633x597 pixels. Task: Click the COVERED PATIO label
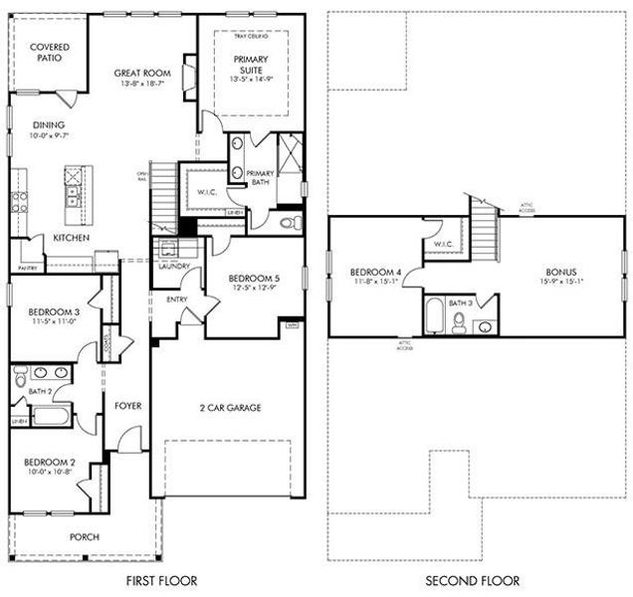[x=48, y=53]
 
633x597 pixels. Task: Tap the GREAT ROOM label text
[x=141, y=74]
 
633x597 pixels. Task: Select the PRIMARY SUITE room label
[x=251, y=65]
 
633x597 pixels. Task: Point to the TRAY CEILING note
[x=251, y=36]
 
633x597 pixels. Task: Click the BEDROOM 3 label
[x=48, y=312]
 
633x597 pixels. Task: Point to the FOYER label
[x=126, y=405]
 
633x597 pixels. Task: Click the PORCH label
[x=84, y=537]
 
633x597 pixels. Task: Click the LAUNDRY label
[x=173, y=267]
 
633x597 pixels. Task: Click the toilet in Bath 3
[x=459, y=321]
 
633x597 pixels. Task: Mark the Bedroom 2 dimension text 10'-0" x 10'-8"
[x=48, y=471]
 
